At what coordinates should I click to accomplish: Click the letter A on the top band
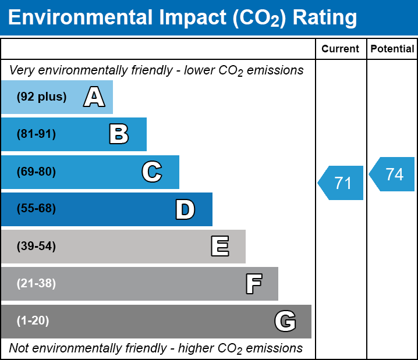94,97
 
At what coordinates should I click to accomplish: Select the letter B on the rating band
119,134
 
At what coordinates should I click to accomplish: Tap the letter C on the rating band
151,172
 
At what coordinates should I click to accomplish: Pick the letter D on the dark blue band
185,209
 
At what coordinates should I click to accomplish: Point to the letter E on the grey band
219,247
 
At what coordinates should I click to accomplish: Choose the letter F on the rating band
253,284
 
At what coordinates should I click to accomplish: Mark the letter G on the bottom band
285,321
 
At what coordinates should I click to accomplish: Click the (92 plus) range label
41,97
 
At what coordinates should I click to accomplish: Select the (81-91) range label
36,134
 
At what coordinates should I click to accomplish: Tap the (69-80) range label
36,172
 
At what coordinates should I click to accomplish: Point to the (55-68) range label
36,209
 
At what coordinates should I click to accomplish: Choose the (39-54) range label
36,247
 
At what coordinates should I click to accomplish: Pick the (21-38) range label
36,284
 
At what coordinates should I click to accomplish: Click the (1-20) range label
33,321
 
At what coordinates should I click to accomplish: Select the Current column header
341,49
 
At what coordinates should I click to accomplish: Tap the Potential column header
392,49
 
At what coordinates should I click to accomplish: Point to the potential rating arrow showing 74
394,174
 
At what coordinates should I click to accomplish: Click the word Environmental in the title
79,18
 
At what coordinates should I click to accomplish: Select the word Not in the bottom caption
19,348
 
